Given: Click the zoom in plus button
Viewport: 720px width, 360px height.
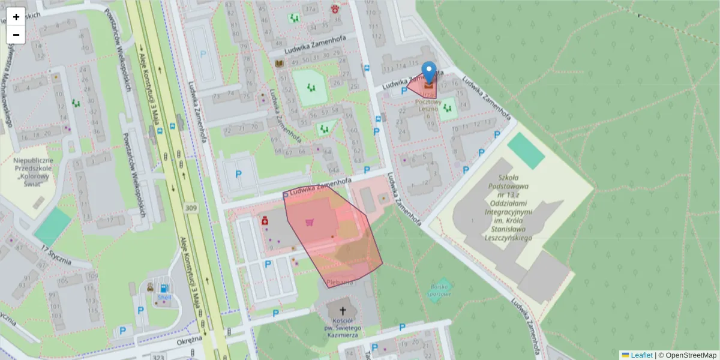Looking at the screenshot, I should click(x=16, y=17).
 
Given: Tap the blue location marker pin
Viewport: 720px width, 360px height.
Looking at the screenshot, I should click(x=428, y=73).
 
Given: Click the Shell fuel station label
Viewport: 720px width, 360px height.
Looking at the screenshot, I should click(x=164, y=297).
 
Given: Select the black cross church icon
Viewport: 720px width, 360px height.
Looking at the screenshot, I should click(x=343, y=311).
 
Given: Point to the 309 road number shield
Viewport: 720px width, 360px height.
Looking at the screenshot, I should click(x=191, y=208).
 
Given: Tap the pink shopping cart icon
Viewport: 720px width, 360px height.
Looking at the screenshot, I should click(x=310, y=223).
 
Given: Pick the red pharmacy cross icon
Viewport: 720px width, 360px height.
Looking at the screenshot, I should click(x=265, y=221).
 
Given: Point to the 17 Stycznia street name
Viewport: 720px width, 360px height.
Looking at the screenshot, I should click(x=57, y=255).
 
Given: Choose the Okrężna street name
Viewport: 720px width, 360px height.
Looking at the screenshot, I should click(x=190, y=340).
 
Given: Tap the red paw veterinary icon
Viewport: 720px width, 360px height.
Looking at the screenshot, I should click(x=335, y=9).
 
